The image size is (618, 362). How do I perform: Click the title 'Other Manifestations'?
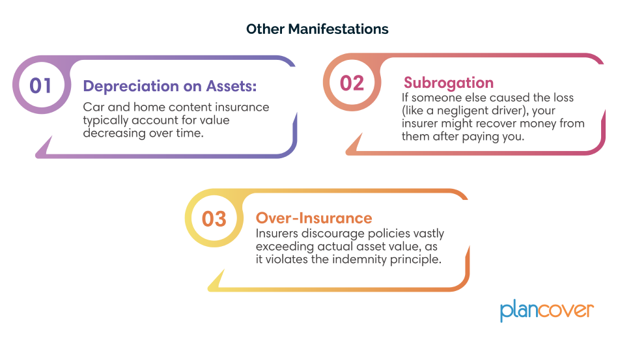[317, 29]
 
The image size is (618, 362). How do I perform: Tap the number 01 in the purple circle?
[40, 85]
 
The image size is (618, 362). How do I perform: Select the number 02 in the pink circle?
[352, 83]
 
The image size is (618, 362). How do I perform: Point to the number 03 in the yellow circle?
[214, 219]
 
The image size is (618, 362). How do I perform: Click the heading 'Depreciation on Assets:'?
[169, 86]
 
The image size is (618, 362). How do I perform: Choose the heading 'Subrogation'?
[449, 83]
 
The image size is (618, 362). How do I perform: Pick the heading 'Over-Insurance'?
[314, 218]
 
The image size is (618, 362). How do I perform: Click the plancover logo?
[546, 311]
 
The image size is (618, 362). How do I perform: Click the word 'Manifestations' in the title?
[338, 29]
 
